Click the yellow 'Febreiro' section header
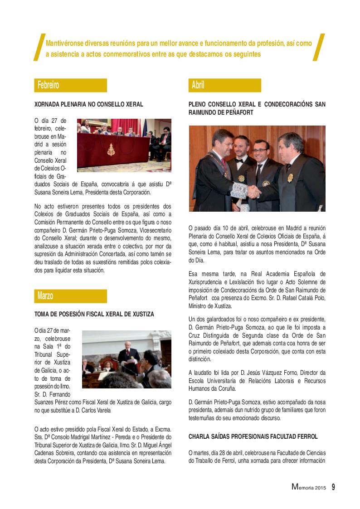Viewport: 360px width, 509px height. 70,85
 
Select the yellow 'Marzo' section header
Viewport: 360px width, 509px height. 70,296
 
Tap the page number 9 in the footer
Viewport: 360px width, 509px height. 333,487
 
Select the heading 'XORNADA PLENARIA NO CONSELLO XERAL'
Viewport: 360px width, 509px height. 89,104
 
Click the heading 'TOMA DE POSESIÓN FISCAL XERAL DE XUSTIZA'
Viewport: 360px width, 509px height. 94,314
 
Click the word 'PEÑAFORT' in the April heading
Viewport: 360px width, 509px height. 237,111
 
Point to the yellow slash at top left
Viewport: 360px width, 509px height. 39,47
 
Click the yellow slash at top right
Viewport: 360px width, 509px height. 320,47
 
